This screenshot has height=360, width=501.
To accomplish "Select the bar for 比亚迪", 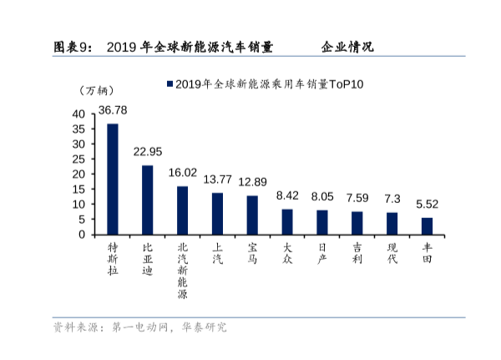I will point(147,200).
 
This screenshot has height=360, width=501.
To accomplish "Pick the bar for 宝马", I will point(252,215).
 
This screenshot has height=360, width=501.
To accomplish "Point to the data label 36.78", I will point(113,110).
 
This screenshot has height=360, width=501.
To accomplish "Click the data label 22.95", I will point(147,152).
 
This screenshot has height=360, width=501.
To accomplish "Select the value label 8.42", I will point(287,195).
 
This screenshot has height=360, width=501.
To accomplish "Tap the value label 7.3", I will point(392,198).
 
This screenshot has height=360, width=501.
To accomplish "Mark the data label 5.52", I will point(427,204).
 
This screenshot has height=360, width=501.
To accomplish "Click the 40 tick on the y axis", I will point(78,114).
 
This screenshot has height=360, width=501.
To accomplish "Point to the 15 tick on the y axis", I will point(78,189).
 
